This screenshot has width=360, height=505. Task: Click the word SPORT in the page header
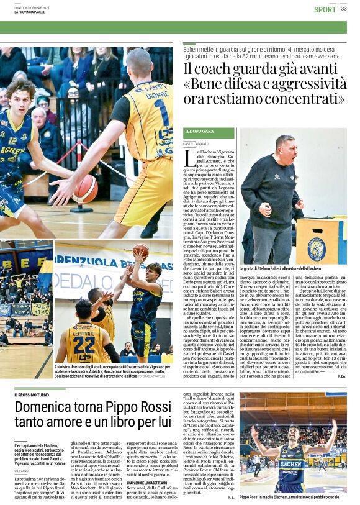325,9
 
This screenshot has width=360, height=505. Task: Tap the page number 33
344,9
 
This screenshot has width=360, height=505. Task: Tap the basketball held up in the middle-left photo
141,250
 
